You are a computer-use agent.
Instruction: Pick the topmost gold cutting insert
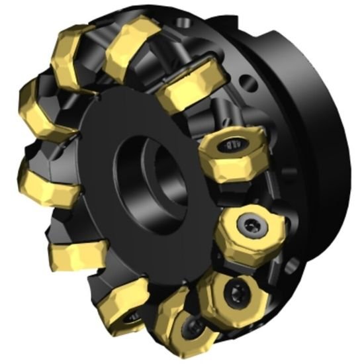pyautogui.click(x=132, y=47)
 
